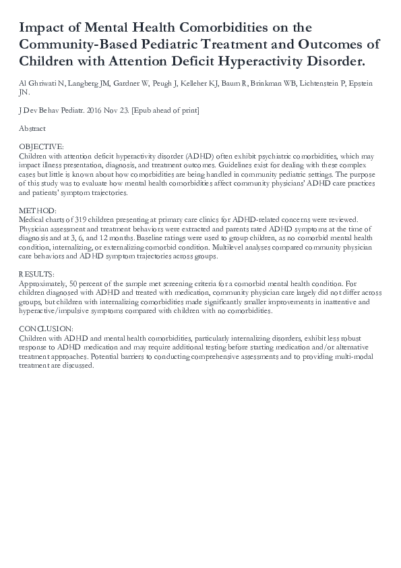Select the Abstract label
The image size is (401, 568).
pos(32,128)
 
